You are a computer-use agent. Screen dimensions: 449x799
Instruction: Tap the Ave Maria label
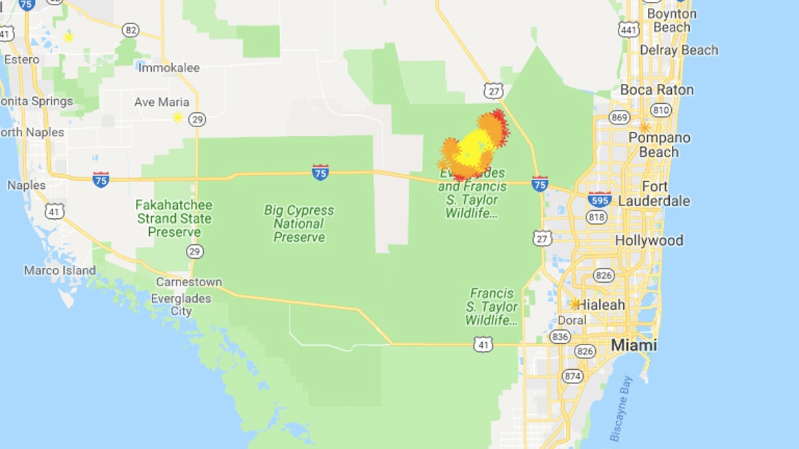click(162, 102)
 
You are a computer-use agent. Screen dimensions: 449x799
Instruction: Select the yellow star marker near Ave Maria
click(178, 118)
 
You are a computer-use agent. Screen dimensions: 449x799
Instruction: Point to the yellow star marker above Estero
click(68, 37)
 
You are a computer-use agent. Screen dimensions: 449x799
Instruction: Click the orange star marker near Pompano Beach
click(645, 127)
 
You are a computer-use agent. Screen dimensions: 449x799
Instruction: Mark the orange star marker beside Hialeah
click(575, 304)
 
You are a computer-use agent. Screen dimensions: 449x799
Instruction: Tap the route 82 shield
click(131, 30)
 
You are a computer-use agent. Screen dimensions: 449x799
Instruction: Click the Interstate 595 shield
click(600, 198)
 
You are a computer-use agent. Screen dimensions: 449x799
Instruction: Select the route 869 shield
click(619, 118)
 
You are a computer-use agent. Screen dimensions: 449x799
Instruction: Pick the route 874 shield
click(572, 376)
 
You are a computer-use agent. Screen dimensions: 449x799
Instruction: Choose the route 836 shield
click(559, 337)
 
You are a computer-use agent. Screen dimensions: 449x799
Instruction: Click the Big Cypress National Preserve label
click(299, 224)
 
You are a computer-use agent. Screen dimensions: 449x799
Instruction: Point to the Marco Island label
click(60, 271)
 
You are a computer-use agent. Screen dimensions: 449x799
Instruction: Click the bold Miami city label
click(634, 345)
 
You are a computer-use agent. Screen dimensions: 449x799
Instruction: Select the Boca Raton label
click(657, 90)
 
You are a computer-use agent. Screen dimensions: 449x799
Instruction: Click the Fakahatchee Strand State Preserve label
click(174, 218)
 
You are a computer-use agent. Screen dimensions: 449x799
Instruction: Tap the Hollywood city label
click(649, 240)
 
